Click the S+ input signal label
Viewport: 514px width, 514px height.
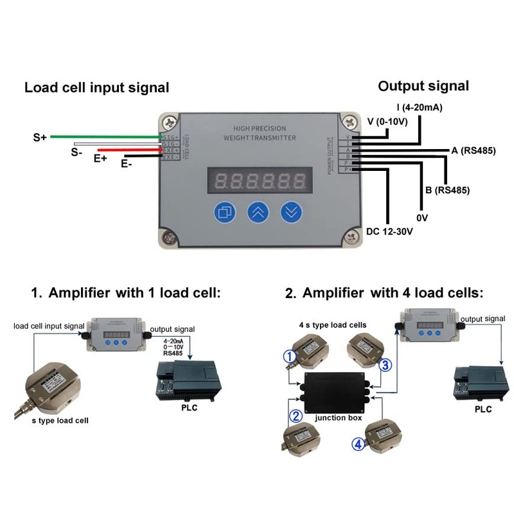(40, 137)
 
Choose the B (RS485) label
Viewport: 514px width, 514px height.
(447, 190)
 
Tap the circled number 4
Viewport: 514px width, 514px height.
(359, 442)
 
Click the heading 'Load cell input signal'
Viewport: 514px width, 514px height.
(97, 87)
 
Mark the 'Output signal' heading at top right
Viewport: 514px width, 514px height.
(423, 85)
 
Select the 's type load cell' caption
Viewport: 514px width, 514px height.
(60, 421)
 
